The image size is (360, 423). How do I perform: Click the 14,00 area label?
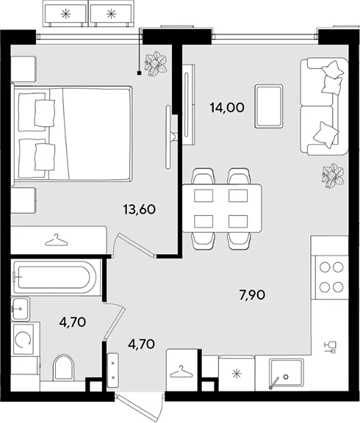tap(227, 108)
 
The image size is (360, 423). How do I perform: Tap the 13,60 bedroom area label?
tap(140, 209)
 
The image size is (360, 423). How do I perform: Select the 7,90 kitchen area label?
tap(252, 295)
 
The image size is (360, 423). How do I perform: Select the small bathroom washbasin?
tap(21, 309)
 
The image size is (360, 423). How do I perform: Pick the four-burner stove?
tap(331, 277)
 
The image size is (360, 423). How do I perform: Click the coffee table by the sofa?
tap(269, 106)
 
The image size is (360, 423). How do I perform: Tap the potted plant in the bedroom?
tap(156, 64)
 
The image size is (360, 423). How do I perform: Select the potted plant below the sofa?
tap(333, 175)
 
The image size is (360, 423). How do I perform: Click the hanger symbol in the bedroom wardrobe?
tap(57, 240)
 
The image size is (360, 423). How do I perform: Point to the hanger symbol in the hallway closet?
tap(181, 371)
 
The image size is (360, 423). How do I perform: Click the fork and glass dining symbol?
tap(331, 347)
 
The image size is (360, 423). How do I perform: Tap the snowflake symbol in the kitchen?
tap(237, 374)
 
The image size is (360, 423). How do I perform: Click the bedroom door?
tap(134, 245)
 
